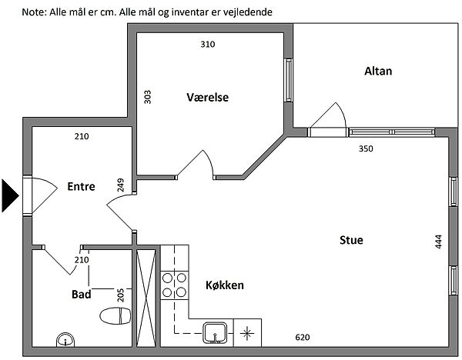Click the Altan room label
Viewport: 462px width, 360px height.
tap(378, 72)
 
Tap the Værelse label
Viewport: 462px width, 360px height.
tap(208, 97)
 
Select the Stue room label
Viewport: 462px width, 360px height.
tap(351, 240)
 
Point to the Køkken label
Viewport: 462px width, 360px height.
tap(225, 285)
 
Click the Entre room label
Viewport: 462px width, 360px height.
tap(81, 185)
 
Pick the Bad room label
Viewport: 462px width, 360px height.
tap(82, 294)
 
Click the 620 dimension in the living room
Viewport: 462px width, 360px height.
tap(303, 338)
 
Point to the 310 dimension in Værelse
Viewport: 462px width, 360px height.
tap(208, 45)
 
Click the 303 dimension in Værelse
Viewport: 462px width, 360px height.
tap(147, 97)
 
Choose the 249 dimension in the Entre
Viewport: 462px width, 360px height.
tap(121, 185)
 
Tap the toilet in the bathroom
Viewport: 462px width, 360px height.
tap(115, 315)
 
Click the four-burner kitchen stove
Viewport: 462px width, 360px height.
tap(175, 285)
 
